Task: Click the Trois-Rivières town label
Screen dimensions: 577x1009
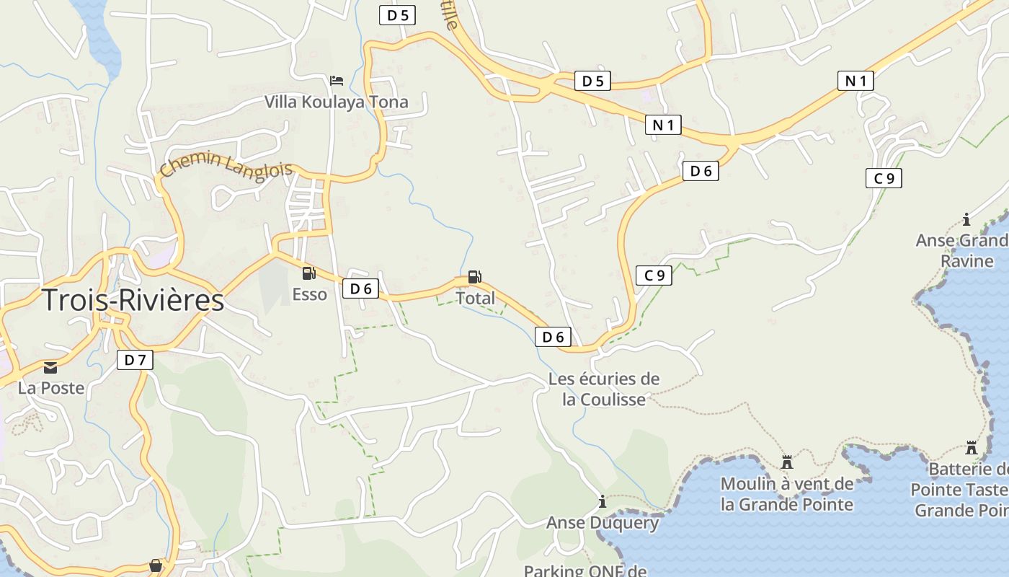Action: tap(133, 300)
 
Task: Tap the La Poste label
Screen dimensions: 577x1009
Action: tap(51, 388)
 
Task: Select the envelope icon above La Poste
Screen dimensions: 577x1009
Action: tap(50, 368)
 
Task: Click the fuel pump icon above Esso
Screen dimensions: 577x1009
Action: tap(308, 273)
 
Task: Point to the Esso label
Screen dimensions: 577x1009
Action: tap(309, 294)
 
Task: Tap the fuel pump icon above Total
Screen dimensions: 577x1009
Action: tap(474, 276)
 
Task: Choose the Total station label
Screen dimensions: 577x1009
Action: tap(476, 298)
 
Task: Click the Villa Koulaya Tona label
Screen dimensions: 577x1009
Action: tap(336, 102)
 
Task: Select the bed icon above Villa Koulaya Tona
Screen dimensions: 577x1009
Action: tap(336, 80)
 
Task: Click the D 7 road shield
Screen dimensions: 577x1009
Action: tap(135, 359)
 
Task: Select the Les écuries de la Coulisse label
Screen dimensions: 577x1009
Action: tap(604, 389)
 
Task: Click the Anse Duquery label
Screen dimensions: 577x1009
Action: tap(603, 523)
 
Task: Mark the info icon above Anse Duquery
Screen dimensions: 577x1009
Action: tap(603, 501)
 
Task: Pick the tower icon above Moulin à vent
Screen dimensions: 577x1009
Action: tap(787, 462)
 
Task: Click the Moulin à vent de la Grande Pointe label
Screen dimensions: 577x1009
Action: tap(787, 494)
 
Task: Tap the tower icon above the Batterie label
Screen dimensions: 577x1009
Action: tap(972, 448)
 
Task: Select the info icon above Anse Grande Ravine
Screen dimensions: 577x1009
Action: tap(966, 220)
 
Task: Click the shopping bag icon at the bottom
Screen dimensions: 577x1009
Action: tap(155, 565)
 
